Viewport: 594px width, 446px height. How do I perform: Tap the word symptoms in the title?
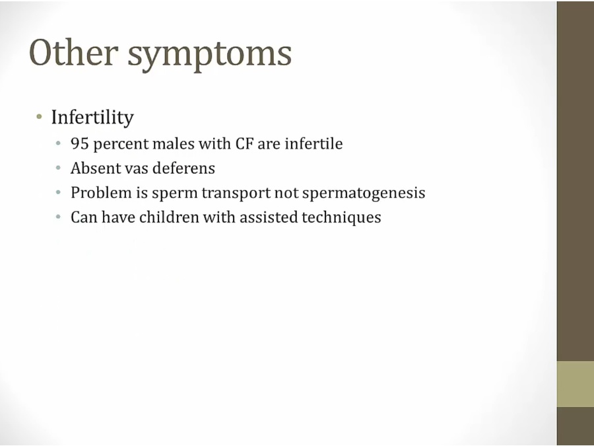pyautogui.click(x=209, y=56)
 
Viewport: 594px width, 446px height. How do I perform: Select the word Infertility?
pyautogui.click(x=92, y=117)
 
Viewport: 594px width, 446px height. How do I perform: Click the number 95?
pyautogui.click(x=80, y=144)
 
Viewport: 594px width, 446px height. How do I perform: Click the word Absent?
pyautogui.click(x=96, y=168)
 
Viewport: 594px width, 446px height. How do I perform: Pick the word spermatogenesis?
pyautogui.click(x=364, y=194)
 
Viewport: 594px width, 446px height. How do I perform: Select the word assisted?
pyautogui.click(x=269, y=217)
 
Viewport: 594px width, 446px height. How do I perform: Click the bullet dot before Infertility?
pyautogui.click(x=39, y=117)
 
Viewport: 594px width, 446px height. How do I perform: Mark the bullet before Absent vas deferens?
pyautogui.click(x=58, y=168)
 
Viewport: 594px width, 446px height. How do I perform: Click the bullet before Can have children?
pyautogui.click(x=58, y=217)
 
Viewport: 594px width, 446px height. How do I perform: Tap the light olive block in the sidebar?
pyautogui.click(x=575, y=384)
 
